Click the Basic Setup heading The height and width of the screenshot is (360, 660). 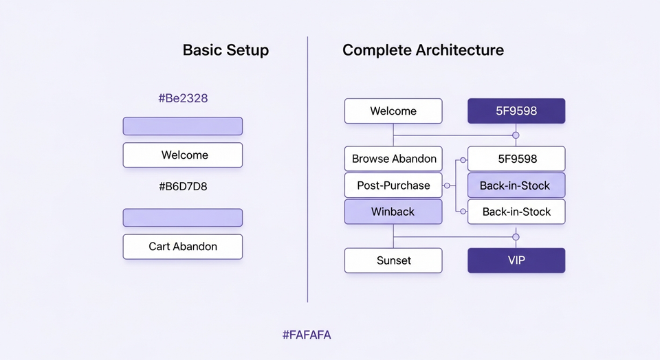coord(225,50)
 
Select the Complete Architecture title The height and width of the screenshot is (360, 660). coord(423,50)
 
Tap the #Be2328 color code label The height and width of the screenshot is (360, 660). coord(183,98)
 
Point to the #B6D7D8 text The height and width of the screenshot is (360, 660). coord(183,185)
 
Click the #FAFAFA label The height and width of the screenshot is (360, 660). coord(307,335)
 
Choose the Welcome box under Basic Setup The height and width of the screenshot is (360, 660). coord(183,155)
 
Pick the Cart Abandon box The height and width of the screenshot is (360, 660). coord(183,247)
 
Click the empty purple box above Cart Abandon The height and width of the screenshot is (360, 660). coord(183,218)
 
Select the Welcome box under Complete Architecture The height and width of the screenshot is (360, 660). coord(393,111)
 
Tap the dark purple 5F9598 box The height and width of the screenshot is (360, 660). coord(516,111)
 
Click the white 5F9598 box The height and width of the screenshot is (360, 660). coord(516,159)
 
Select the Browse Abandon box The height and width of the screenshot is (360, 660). coord(393,159)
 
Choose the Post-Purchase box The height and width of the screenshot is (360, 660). coord(393,185)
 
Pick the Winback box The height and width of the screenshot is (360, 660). coord(393,212)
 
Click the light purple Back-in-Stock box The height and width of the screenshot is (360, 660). coord(516,185)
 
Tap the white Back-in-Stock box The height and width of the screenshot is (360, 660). coord(516,212)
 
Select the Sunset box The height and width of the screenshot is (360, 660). coord(393,260)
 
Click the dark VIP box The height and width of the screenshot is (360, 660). coord(516,260)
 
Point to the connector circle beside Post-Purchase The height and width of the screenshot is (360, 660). coord(447,185)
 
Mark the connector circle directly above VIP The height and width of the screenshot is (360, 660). coord(516,237)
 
